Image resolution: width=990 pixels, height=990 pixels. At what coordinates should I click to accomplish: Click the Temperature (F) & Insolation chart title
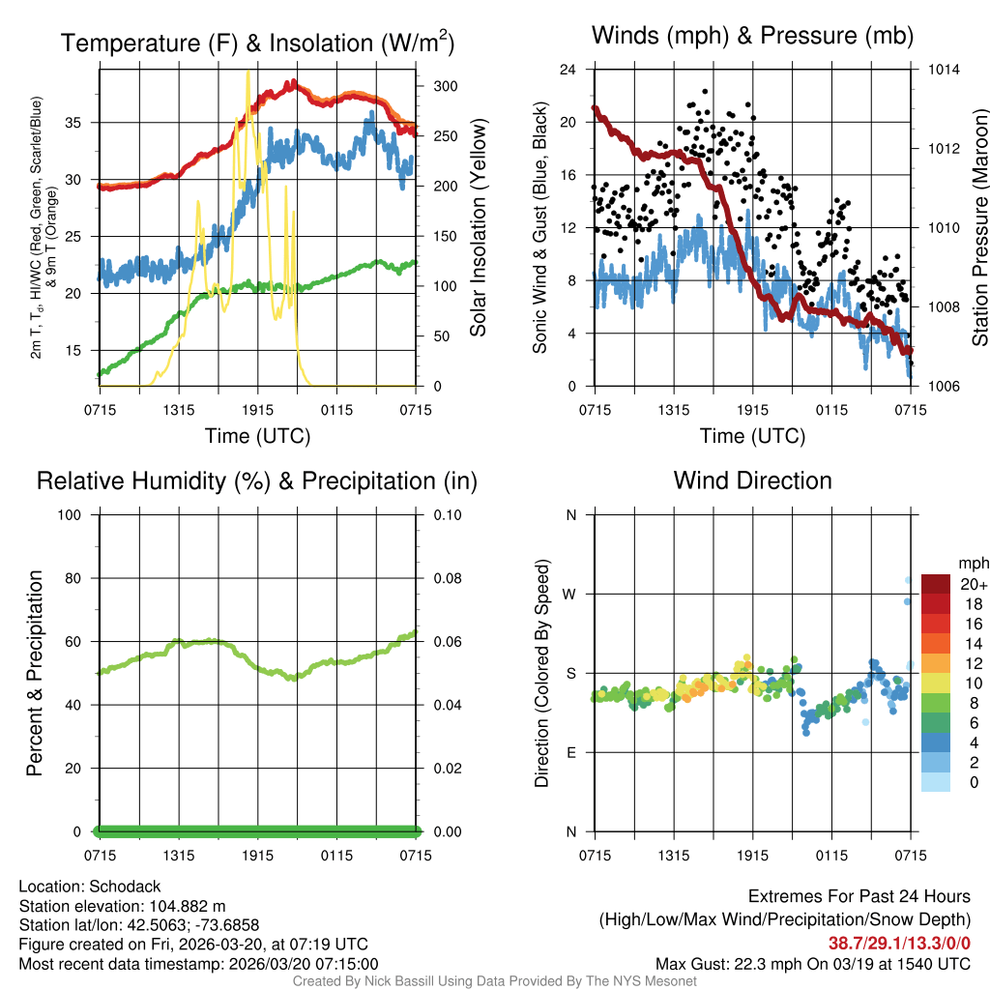tap(257, 43)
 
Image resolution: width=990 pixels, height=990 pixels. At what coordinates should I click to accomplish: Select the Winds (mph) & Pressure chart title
tap(752, 37)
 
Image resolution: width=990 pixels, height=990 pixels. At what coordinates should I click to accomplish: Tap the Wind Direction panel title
tap(752, 480)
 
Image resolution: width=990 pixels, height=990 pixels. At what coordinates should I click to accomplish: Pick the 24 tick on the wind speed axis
tap(568, 70)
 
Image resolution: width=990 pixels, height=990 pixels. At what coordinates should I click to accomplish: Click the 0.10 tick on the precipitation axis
tap(447, 514)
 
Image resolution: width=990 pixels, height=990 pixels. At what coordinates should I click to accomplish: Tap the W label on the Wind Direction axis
tap(570, 594)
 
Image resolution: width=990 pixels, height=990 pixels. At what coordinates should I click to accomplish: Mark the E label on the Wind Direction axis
tap(570, 752)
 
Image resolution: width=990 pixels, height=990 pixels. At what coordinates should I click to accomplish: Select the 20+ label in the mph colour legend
tap(972, 584)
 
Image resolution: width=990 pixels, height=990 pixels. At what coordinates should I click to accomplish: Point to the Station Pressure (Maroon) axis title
tap(979, 228)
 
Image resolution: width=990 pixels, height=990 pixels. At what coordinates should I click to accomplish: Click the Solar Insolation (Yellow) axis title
tap(478, 228)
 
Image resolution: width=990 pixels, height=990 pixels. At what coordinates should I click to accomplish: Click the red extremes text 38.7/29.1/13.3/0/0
tap(899, 943)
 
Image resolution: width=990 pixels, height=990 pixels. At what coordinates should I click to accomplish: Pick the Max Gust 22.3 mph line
tap(813, 963)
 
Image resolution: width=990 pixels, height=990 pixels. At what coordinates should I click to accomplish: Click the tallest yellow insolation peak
tap(248, 72)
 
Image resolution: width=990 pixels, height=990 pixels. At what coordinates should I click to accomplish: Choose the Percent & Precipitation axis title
tap(35, 673)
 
